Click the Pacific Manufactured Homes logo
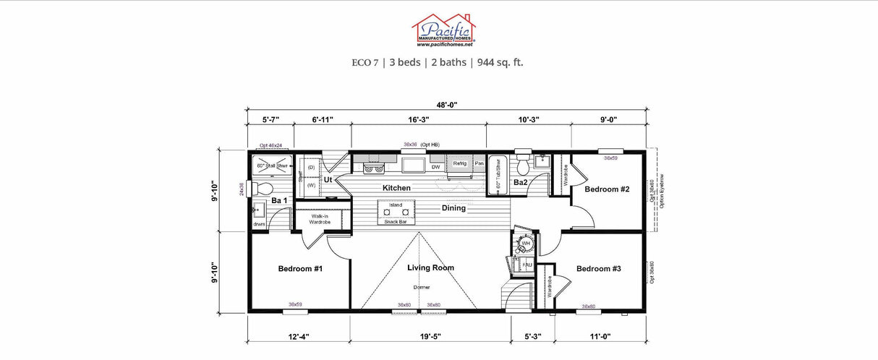443,30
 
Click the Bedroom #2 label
607,189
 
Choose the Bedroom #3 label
599,269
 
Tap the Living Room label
430,267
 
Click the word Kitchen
396,188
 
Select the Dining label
455,208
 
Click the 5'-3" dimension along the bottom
534,336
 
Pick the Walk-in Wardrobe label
320,219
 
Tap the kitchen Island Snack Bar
396,213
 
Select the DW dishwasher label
435,167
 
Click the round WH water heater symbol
525,243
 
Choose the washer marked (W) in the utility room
312,185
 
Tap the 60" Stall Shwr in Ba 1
272,166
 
